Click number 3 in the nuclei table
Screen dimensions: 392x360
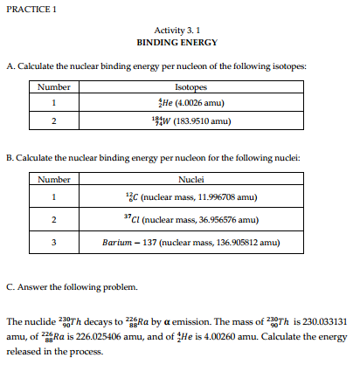point(54,242)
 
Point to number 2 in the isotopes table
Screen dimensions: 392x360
point(54,121)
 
